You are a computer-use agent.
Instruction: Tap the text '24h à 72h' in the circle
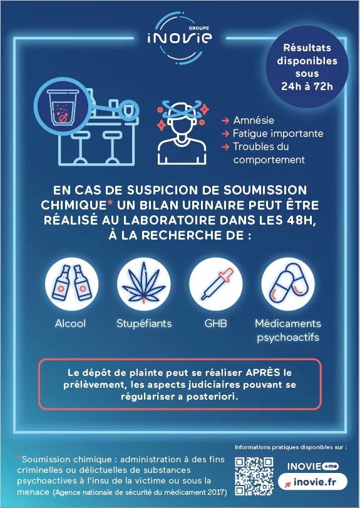point(307,87)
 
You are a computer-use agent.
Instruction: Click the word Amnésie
point(254,121)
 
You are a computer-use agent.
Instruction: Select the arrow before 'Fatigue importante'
point(225,134)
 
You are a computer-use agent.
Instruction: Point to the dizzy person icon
point(182,132)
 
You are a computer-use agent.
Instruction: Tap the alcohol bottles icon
point(71,284)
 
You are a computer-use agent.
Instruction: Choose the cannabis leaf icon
point(143,284)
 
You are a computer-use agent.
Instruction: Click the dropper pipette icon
point(216,284)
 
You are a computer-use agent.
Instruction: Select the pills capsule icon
point(288,284)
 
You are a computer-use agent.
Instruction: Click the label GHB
point(215,323)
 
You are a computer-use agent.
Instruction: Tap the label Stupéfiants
point(144,323)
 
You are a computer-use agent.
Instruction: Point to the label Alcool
point(70,323)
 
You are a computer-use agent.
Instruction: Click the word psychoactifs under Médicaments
point(288,338)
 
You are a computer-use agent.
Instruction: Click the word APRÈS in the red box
point(263,373)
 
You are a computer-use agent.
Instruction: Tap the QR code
point(254,476)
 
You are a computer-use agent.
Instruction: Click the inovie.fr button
point(312,482)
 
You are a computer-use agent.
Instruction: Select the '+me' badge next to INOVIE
point(331,466)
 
